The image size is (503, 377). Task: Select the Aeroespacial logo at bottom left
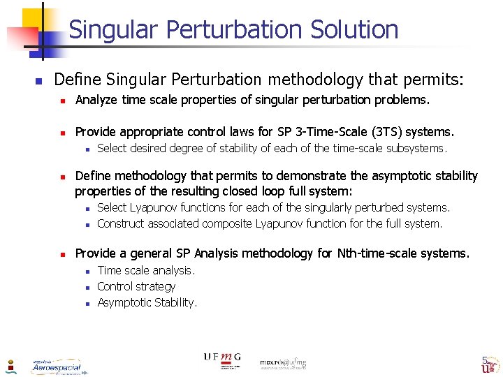pos(57,367)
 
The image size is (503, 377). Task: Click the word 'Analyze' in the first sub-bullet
pos(96,100)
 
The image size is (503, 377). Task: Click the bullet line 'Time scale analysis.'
pos(146,270)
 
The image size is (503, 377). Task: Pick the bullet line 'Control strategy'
pos(136,286)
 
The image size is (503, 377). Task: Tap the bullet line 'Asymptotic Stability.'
pos(147,302)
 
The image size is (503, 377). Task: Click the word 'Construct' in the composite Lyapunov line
pos(121,223)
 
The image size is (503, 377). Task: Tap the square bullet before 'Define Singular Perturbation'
pos(39,80)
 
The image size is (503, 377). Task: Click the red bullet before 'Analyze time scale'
pos(62,101)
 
